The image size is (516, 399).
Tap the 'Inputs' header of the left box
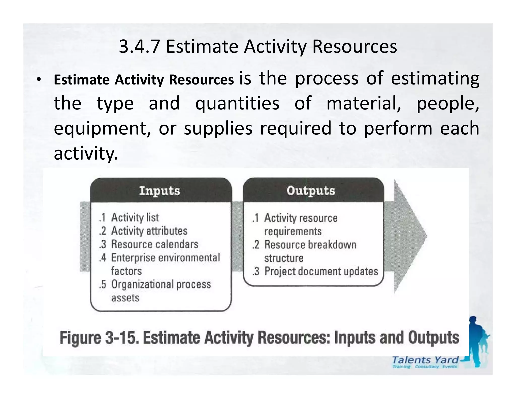[159, 191]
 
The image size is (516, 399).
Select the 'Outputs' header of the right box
[311, 191]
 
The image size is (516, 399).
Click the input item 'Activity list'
[135, 217]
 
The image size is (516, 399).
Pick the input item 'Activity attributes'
[149, 231]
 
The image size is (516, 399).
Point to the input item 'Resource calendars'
[154, 244]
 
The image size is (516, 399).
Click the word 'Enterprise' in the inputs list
[133, 258]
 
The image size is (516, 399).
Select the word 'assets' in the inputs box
[125, 298]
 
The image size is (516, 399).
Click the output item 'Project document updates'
[321, 271]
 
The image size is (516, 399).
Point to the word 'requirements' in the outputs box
[293, 231]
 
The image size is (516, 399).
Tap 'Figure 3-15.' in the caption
[100, 338]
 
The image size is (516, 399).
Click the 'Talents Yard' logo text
[425, 360]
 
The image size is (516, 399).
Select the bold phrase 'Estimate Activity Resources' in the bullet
[144, 80]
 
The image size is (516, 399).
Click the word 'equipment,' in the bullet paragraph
[102, 128]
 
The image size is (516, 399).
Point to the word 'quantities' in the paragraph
[237, 103]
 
